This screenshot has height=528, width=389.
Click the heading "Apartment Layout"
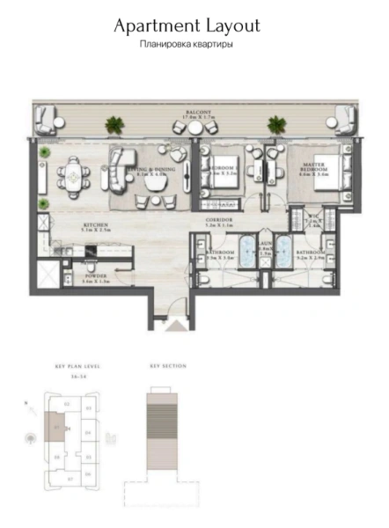click(187, 27)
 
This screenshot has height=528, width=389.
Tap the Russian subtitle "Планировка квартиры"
click(187, 45)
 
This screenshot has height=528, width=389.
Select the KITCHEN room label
click(95, 226)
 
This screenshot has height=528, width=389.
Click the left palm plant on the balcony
click(112, 124)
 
